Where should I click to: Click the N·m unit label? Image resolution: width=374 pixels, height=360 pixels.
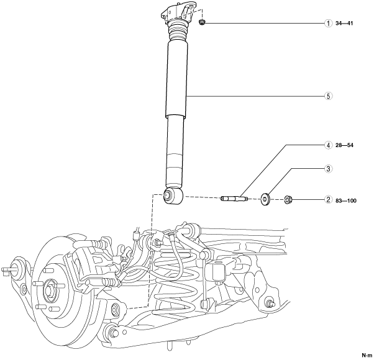coord(365,355)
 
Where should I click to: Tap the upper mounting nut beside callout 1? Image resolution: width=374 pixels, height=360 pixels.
coord(203,23)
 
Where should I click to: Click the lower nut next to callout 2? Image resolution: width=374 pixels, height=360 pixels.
coord(288,200)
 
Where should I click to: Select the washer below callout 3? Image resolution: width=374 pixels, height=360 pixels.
coord(265,199)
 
